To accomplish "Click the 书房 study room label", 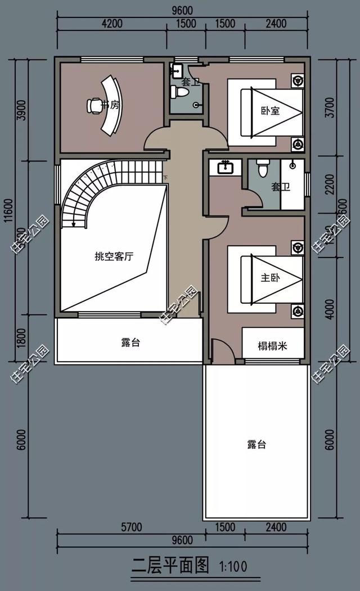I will pyautogui.click(x=110, y=105).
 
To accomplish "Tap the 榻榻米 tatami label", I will pyautogui.click(x=273, y=345).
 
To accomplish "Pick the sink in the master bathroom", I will pyautogui.click(x=225, y=167).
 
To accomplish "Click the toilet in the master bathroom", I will pyautogui.click(x=263, y=168).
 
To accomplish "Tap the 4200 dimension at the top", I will pyautogui.click(x=112, y=24).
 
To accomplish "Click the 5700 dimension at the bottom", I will pyautogui.click(x=131, y=527).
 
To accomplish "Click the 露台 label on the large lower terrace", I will pyautogui.click(x=256, y=445).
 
